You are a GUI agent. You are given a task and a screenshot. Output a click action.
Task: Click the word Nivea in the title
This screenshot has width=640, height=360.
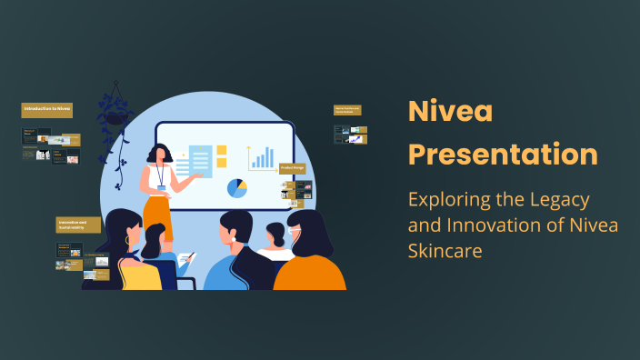pos(450,113)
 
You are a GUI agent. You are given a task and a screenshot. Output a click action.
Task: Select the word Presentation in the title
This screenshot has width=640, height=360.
pos(503,153)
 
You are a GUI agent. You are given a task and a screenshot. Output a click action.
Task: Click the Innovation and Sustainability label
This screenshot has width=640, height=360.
pos(78,225)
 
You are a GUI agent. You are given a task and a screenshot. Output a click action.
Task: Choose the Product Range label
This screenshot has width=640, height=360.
pos(292,168)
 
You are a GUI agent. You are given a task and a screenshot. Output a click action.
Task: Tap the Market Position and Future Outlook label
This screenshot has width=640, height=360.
pos(348,110)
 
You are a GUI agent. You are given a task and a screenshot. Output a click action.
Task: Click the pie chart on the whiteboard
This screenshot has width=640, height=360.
pos(237,188)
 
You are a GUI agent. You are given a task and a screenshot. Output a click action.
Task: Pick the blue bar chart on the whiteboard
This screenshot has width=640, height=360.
pos(262,158)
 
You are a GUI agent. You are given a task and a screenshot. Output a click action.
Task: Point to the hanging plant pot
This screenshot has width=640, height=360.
pos(115,117)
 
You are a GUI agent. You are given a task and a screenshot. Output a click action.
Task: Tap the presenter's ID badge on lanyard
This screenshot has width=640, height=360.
pos(162,187)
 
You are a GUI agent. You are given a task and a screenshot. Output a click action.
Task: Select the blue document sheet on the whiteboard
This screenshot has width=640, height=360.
pos(200,161)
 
